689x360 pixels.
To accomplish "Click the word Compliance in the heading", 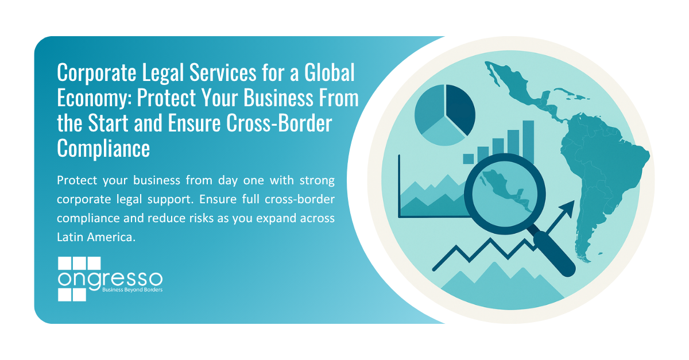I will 103,148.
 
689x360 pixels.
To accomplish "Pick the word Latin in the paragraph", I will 69,237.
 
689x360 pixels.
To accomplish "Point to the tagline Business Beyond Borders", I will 132,291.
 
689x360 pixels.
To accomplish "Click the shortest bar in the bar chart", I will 469,158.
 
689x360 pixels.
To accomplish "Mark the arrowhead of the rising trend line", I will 568,207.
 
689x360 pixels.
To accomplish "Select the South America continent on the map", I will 597,172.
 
